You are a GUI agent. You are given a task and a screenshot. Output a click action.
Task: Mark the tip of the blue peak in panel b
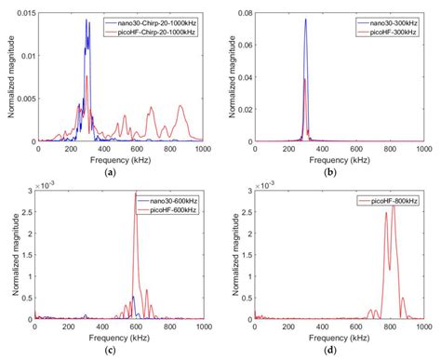click(x=305, y=20)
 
